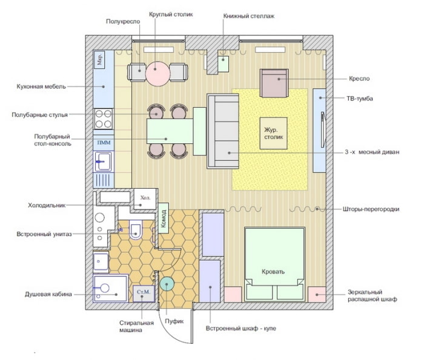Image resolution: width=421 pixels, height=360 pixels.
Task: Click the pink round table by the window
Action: [x=155, y=72]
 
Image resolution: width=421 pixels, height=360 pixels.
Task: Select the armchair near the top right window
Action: [x=274, y=83]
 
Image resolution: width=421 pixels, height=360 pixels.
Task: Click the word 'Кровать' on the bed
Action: [x=274, y=271]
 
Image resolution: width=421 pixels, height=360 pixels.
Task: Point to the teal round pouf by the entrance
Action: [x=168, y=284]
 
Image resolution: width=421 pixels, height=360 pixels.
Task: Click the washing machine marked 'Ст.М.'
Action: [x=144, y=293]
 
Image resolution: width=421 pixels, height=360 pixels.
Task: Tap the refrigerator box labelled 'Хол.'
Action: [x=145, y=198]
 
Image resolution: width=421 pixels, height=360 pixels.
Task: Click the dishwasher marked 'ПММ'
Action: [x=103, y=142]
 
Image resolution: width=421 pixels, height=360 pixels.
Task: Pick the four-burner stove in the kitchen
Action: [x=104, y=118]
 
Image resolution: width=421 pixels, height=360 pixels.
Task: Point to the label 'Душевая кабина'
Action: [x=48, y=295]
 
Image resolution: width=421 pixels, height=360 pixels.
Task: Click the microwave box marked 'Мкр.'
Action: [x=101, y=59]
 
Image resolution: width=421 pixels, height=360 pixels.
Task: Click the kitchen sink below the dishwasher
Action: [x=103, y=161]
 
